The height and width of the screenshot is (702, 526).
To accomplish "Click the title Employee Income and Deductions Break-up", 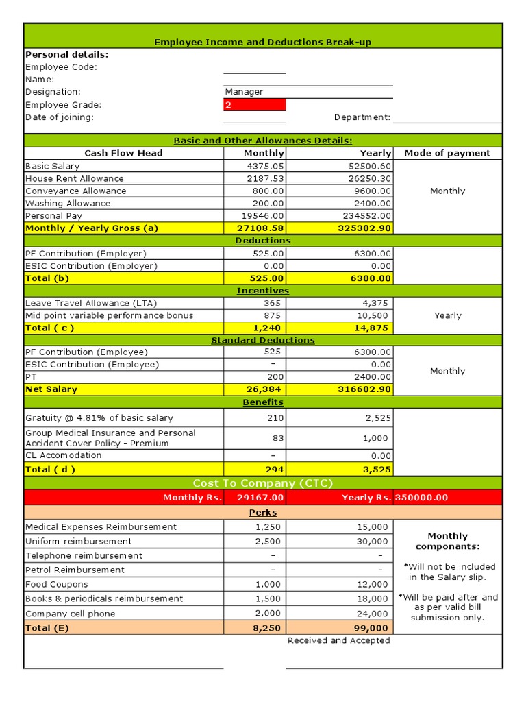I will (263, 42).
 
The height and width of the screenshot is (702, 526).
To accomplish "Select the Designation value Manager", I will (245, 92).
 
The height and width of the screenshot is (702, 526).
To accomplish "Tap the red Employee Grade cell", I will (254, 105).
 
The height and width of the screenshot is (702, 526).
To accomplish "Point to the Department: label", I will (362, 117).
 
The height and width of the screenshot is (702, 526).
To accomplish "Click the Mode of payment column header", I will (447, 153).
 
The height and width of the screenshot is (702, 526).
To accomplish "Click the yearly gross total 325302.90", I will (365, 228).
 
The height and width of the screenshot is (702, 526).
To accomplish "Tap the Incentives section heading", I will (263, 291).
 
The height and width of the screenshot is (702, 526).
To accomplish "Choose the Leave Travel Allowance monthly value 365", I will (273, 303).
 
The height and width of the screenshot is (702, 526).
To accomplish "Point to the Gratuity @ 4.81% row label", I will (99, 418).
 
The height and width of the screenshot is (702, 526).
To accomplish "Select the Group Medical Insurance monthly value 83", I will (275, 438).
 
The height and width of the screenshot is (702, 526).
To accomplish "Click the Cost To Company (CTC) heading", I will (263, 483).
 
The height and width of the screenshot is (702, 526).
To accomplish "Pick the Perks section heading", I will (263, 513).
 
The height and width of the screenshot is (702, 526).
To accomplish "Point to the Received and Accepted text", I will (338, 640).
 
